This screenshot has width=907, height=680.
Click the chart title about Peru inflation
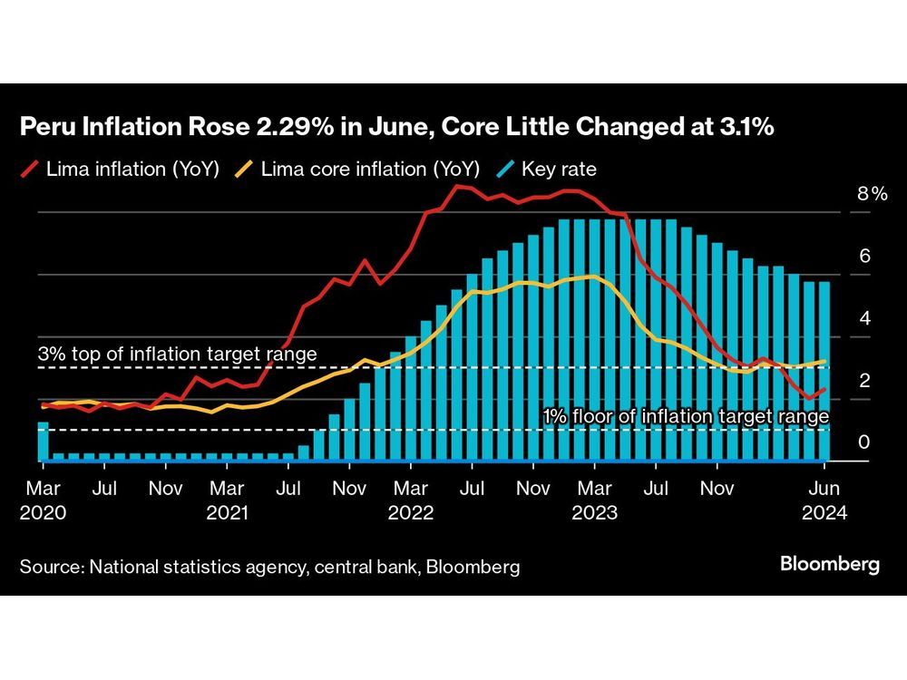coord(396,128)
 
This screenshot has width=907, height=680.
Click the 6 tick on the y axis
coord(864,257)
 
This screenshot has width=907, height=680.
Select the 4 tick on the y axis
coord(864,319)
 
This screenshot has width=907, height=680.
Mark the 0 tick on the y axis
coord(864,442)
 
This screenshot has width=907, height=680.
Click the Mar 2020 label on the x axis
coord(42,500)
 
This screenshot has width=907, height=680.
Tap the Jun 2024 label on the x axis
coord(824,500)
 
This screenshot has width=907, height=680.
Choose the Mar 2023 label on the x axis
coord(594,500)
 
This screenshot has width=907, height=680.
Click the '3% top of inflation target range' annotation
coord(177,354)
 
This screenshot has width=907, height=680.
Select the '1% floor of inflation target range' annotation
coord(686,416)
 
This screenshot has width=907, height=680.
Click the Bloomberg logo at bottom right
coord(829,564)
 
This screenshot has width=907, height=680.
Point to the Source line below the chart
coord(269,568)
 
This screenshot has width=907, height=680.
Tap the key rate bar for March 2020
coord(43,442)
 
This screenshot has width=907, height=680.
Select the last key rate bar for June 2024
coord(824,372)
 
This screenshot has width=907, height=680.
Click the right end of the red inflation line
coord(824,389)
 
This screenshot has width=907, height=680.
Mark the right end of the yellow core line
coord(824,361)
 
